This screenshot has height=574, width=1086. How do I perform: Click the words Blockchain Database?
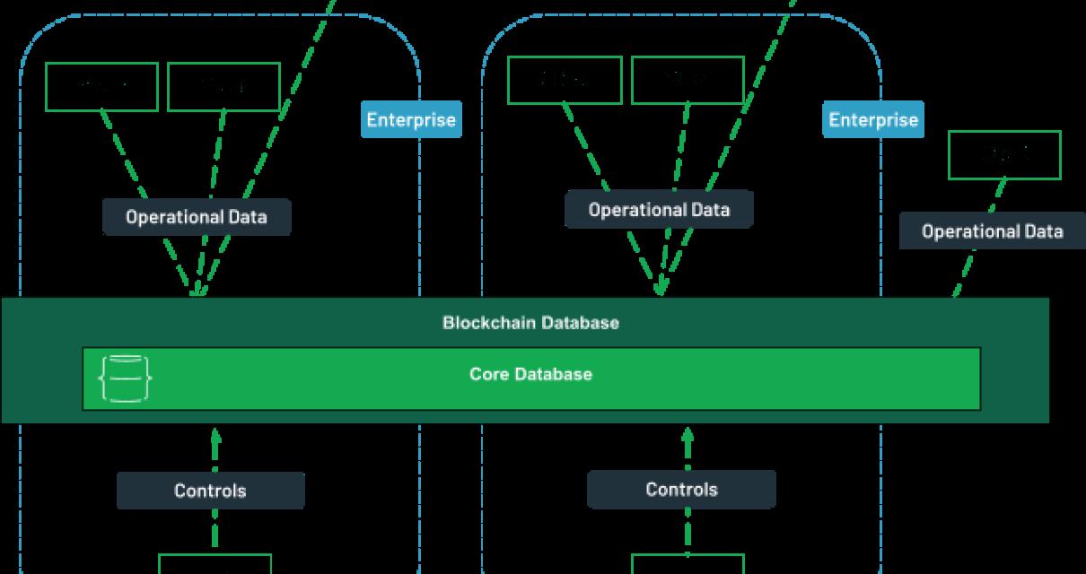coord(530,322)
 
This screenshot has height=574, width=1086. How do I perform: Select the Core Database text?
coord(530,374)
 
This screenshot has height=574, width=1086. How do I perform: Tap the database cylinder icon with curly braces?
coord(125,378)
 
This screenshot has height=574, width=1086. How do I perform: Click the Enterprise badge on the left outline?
coord(411,119)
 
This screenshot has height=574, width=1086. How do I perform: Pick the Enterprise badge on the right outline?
coord(873,119)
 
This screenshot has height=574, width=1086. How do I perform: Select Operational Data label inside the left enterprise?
coord(197,217)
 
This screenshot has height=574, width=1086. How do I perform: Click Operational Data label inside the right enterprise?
coord(659,210)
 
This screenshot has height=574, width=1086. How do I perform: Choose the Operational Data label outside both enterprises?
coord(992,231)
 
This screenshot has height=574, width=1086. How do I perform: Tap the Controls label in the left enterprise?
coord(210,491)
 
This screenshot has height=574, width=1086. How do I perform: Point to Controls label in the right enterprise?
coord(681,490)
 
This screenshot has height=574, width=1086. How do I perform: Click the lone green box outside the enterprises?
coord(1004,154)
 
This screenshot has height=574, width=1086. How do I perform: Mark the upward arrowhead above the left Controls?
coord(215,437)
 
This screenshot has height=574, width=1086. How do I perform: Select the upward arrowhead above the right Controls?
coord(688,437)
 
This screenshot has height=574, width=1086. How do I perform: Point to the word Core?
coord(488,374)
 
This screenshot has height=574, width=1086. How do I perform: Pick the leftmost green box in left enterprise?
coord(101,86)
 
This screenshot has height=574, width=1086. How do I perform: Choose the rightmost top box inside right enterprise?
coord(688,80)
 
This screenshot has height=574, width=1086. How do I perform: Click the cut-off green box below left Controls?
coord(215,564)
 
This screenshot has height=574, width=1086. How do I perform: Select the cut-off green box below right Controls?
coord(688,564)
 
